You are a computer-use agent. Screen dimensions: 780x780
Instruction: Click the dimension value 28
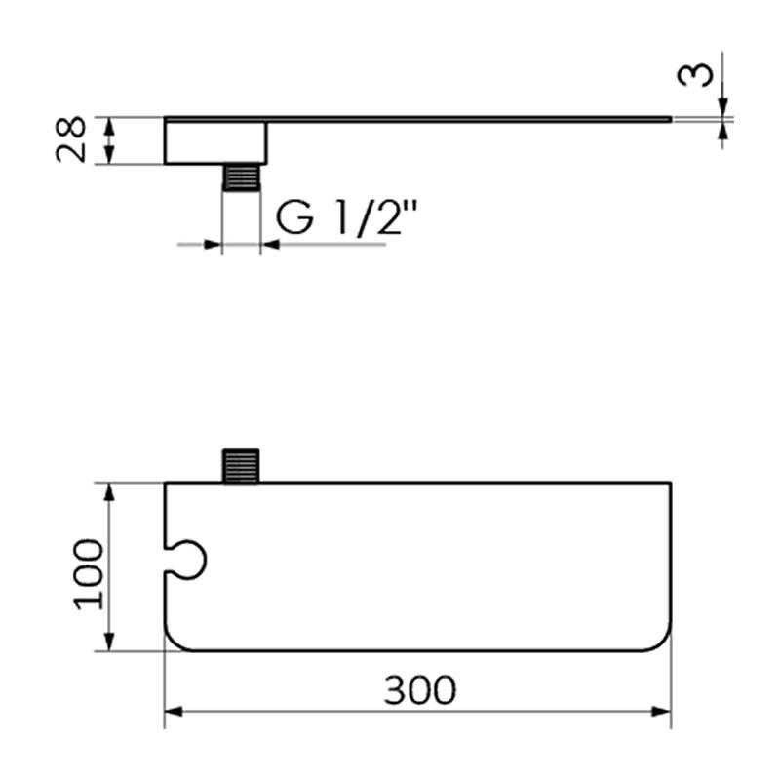(x=70, y=139)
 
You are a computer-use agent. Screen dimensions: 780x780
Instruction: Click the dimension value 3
(x=695, y=75)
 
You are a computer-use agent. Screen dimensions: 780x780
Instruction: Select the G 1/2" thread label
(x=346, y=216)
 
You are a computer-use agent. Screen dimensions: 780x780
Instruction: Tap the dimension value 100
(x=89, y=574)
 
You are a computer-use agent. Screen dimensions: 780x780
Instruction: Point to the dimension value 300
(x=420, y=690)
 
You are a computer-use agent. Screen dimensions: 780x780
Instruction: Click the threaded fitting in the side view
(x=241, y=177)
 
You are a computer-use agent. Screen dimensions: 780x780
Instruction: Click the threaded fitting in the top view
(x=241, y=466)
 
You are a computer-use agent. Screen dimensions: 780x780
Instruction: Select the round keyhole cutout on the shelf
(x=186, y=559)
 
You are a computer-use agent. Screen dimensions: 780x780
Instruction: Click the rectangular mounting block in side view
(x=215, y=142)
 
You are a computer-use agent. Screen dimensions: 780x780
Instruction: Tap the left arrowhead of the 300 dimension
(x=174, y=712)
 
